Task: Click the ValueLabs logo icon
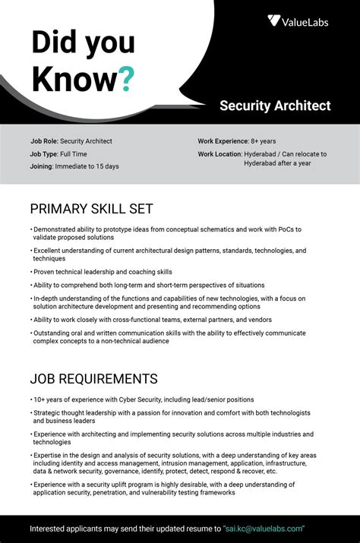pos(274,21)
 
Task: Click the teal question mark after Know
pos(127,78)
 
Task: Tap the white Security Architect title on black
pos(275,106)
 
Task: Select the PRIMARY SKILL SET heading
pos(91,208)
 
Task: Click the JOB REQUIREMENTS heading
pos(93,378)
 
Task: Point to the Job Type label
pos(44,153)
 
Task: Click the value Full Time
pos(74,153)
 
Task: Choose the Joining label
pos(41,166)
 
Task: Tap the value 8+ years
pos(264,141)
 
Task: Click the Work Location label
pos(219,153)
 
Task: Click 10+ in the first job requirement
pos(40,399)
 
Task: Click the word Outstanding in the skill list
pos(54,333)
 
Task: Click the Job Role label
pos(44,141)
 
